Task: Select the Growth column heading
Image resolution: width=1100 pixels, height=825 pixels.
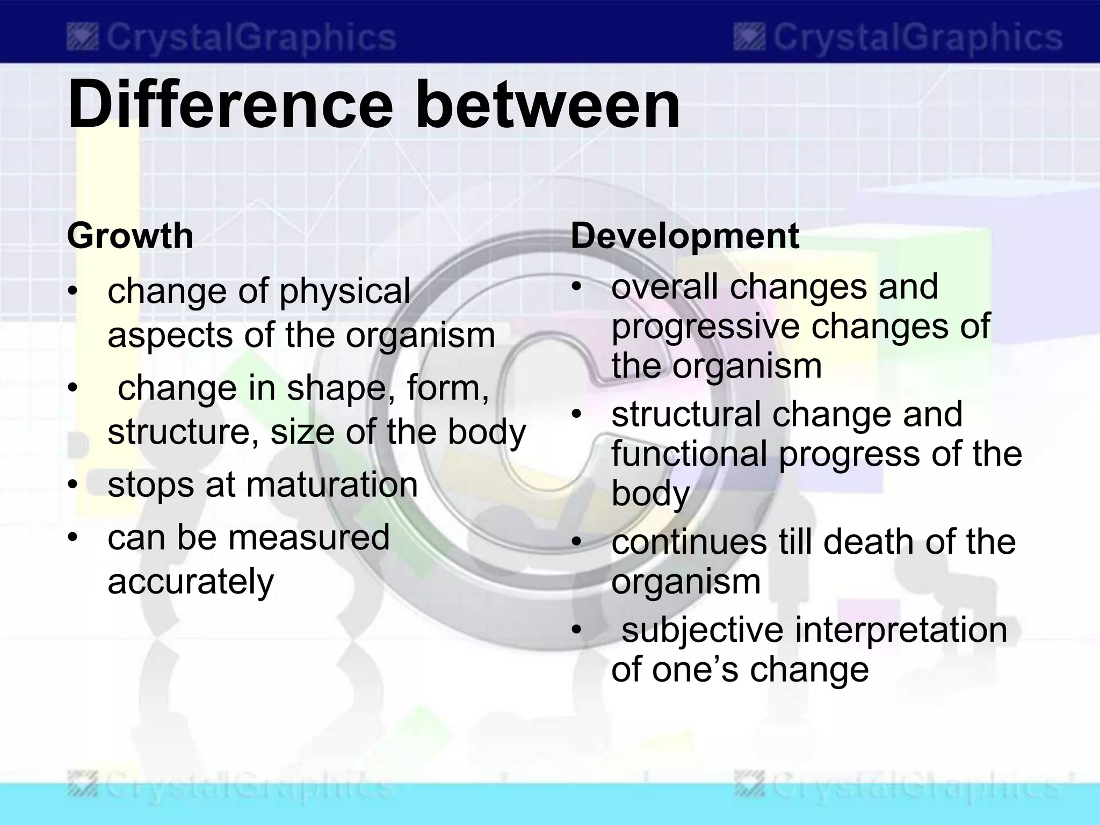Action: click(x=130, y=236)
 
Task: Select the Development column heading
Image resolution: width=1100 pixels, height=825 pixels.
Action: click(x=685, y=236)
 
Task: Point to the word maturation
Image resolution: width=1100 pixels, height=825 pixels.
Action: click(x=331, y=484)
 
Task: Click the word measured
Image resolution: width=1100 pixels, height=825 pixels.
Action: click(x=309, y=537)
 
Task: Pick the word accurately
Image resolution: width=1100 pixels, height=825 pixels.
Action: click(x=191, y=581)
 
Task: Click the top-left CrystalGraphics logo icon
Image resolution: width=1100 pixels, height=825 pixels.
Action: click(x=82, y=38)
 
